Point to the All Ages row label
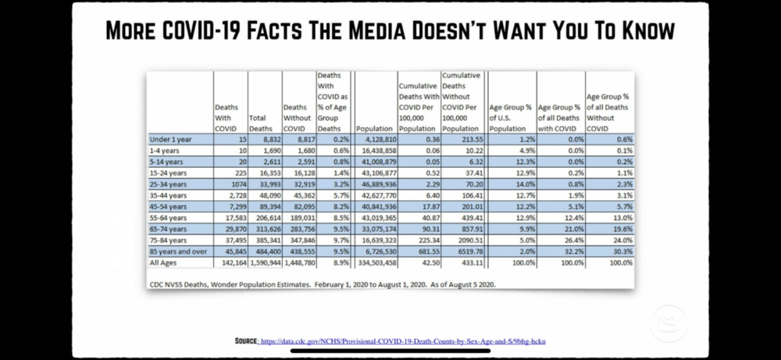point(164,263)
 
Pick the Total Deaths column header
point(262,123)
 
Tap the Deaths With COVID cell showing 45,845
point(232,252)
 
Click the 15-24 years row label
point(169,173)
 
